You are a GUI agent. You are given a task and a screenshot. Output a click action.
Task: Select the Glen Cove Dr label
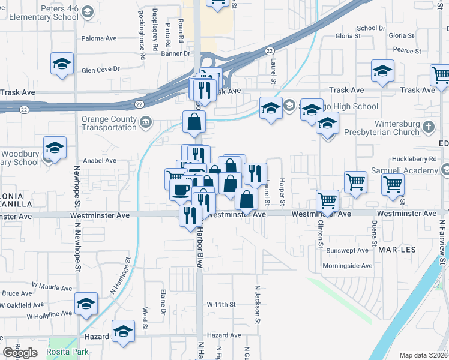coord(101,70)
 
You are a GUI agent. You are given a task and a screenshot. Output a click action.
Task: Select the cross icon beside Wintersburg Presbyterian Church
coord(428,127)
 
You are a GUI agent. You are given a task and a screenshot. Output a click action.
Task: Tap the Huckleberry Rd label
coord(416,159)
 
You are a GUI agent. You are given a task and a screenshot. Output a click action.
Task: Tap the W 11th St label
coord(222,305)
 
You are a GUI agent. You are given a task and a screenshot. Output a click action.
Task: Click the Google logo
coord(20,353)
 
